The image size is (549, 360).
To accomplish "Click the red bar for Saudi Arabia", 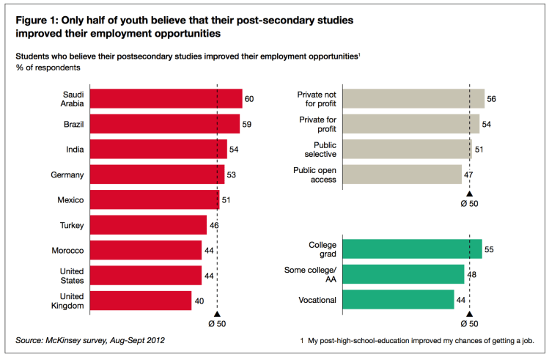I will pyautogui.click(x=166, y=99).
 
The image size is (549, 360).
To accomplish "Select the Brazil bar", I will pyautogui.click(x=164, y=124).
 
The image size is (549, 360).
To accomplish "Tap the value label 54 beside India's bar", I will pyautogui.click(x=235, y=150).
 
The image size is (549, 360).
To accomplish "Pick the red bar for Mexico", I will pyautogui.click(x=154, y=199).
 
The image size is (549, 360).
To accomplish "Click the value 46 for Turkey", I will pyautogui.click(x=214, y=225).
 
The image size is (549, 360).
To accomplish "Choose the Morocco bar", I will pyautogui.click(x=145, y=250).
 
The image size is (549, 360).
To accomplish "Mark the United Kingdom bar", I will pyautogui.click(x=140, y=300).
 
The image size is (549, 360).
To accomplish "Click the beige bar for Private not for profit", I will pyautogui.click(x=413, y=99).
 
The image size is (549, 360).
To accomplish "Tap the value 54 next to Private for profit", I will pyautogui.click(x=487, y=124).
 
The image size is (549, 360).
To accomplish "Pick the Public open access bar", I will pyautogui.click(x=402, y=175).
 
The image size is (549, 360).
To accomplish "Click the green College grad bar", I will pyautogui.click(x=412, y=249).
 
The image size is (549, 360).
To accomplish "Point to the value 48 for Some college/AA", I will pyautogui.click(x=471, y=275).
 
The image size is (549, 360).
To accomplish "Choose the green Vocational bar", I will pyautogui.click(x=398, y=299).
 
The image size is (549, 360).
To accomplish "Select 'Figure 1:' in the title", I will pyautogui.click(x=40, y=21).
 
